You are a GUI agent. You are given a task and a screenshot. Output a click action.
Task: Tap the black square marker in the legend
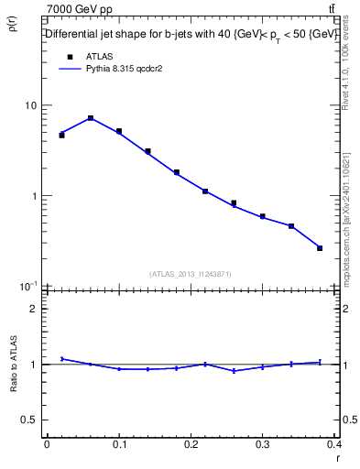(70, 57)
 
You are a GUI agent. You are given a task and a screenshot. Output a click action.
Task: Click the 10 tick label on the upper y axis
(30, 105)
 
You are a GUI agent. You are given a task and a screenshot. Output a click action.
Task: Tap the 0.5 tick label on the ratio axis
(28, 420)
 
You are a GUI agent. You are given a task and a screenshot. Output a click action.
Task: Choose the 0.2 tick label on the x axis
(191, 444)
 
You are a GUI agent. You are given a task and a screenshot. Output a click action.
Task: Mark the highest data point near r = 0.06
(91, 118)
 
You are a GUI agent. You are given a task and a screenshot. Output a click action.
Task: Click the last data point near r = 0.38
(320, 248)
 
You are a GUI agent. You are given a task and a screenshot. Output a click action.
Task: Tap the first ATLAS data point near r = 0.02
(61, 135)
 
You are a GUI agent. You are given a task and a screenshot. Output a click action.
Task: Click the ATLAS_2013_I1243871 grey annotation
(190, 275)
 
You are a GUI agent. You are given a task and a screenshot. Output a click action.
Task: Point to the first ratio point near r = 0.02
(61, 358)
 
